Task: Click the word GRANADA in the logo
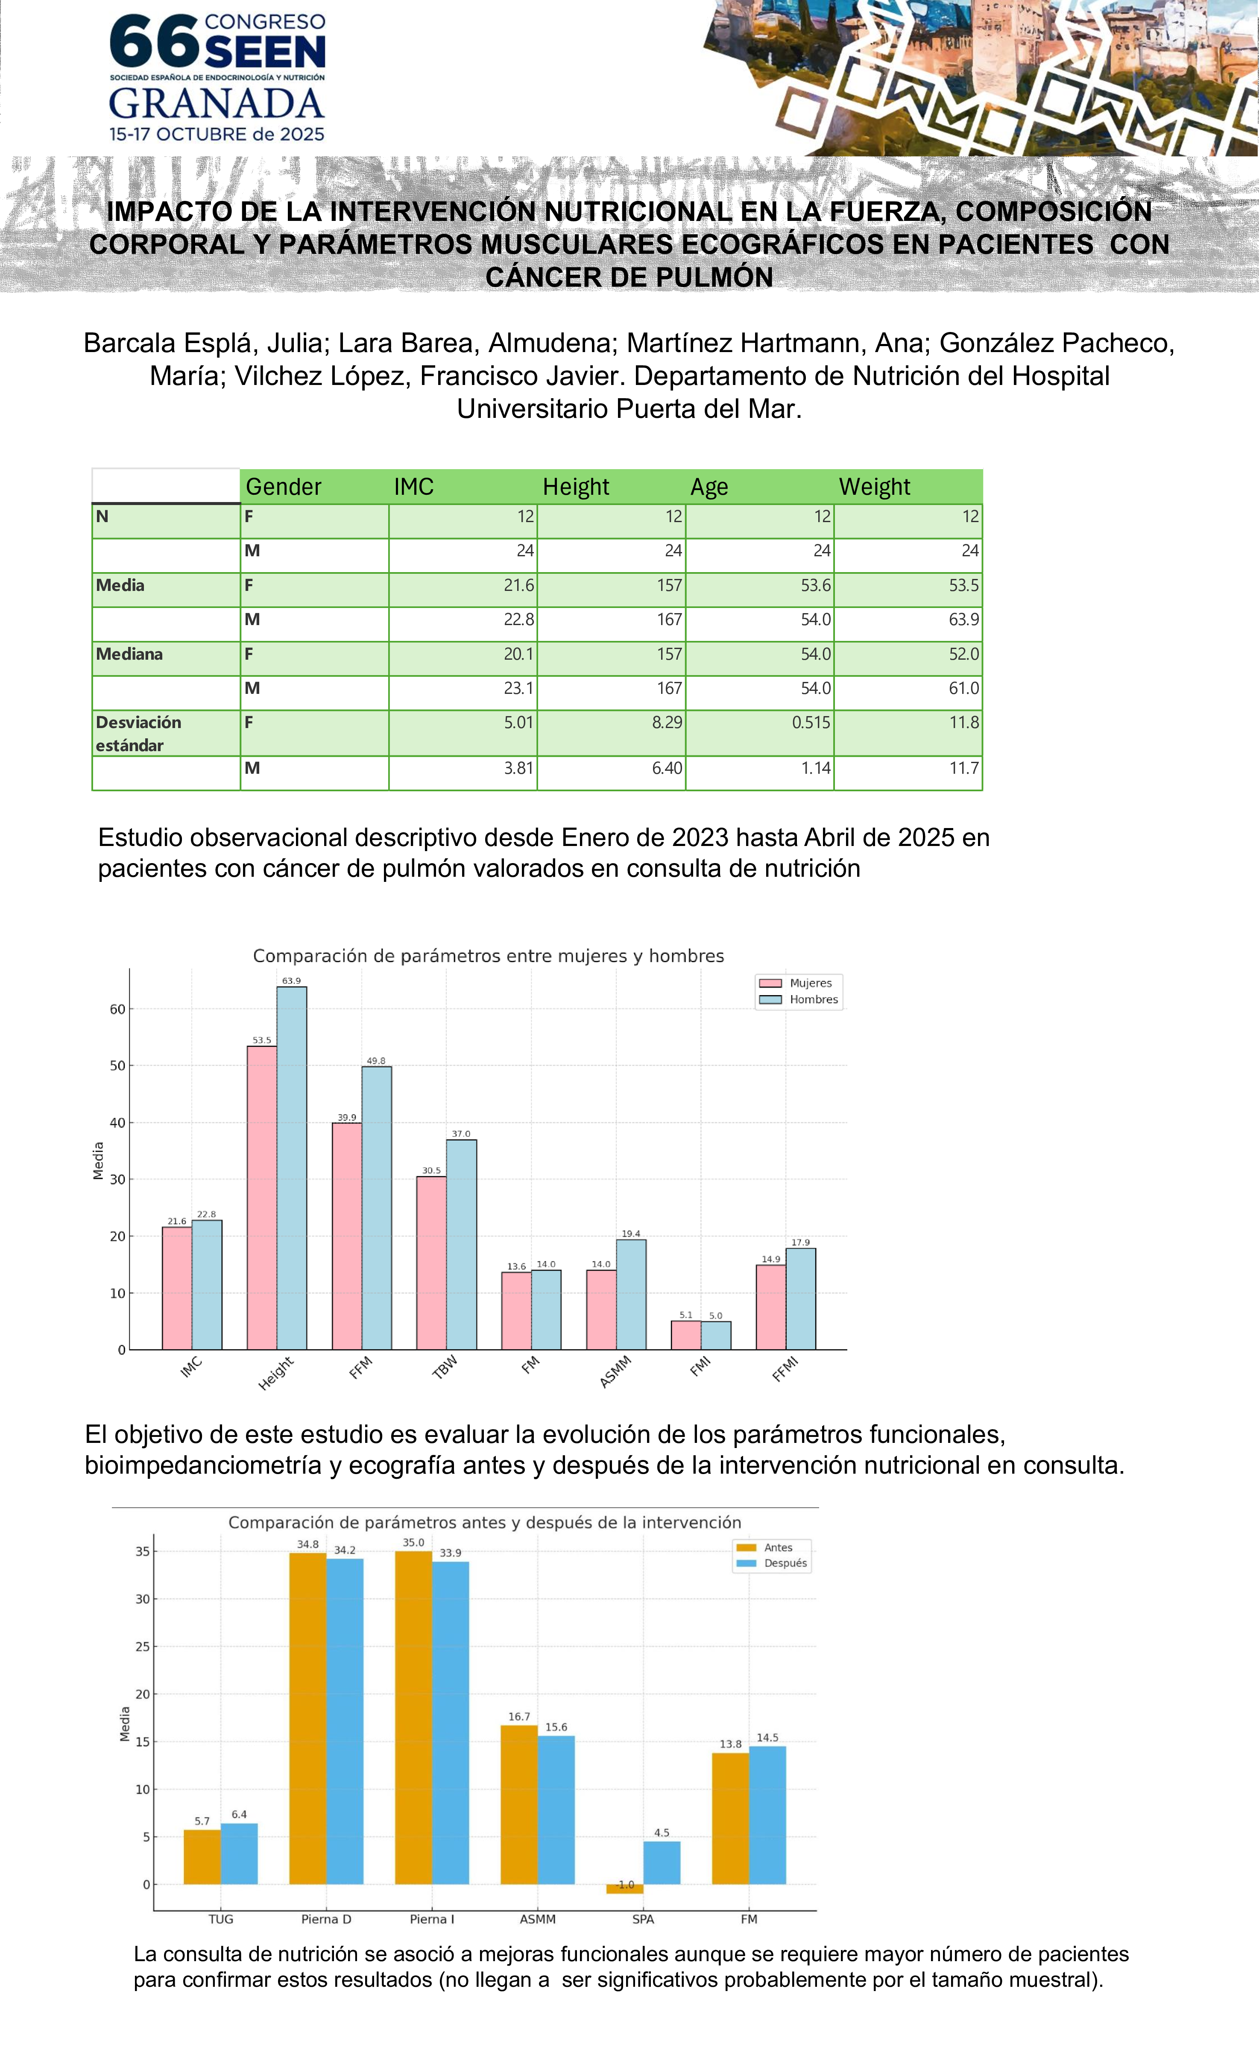click(x=217, y=104)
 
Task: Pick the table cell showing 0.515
click(x=811, y=723)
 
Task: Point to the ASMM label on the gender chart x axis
click(x=616, y=1372)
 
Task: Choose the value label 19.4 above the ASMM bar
click(x=631, y=1234)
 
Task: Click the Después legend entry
click(x=785, y=1563)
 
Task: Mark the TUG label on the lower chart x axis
click(x=220, y=1919)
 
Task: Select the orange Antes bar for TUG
click(x=202, y=1857)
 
